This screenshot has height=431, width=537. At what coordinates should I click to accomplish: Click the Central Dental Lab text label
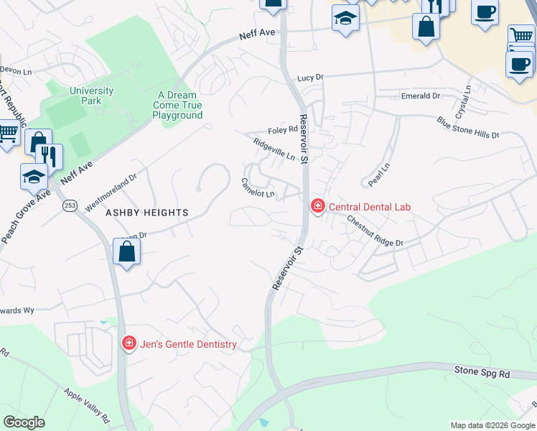(369, 207)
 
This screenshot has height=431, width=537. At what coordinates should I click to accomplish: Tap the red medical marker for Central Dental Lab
(317, 207)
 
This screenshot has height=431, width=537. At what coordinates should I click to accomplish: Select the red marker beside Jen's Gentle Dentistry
(129, 344)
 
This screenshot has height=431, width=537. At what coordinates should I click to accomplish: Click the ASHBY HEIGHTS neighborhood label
(146, 213)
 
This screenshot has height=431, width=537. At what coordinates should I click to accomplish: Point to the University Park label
(91, 96)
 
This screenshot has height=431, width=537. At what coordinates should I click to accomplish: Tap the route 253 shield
(70, 205)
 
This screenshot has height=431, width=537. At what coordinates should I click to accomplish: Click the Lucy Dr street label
(311, 78)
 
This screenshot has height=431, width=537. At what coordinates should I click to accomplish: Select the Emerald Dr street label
(420, 96)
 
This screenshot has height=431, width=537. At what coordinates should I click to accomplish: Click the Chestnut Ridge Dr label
(375, 231)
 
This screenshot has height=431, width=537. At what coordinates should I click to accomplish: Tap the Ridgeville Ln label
(274, 149)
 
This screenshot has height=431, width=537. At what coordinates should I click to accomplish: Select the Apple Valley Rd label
(85, 405)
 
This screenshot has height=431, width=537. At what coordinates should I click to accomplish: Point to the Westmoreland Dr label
(111, 192)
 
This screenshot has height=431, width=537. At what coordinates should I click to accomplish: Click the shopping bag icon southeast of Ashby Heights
(126, 253)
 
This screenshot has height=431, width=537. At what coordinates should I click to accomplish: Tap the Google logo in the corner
(24, 422)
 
